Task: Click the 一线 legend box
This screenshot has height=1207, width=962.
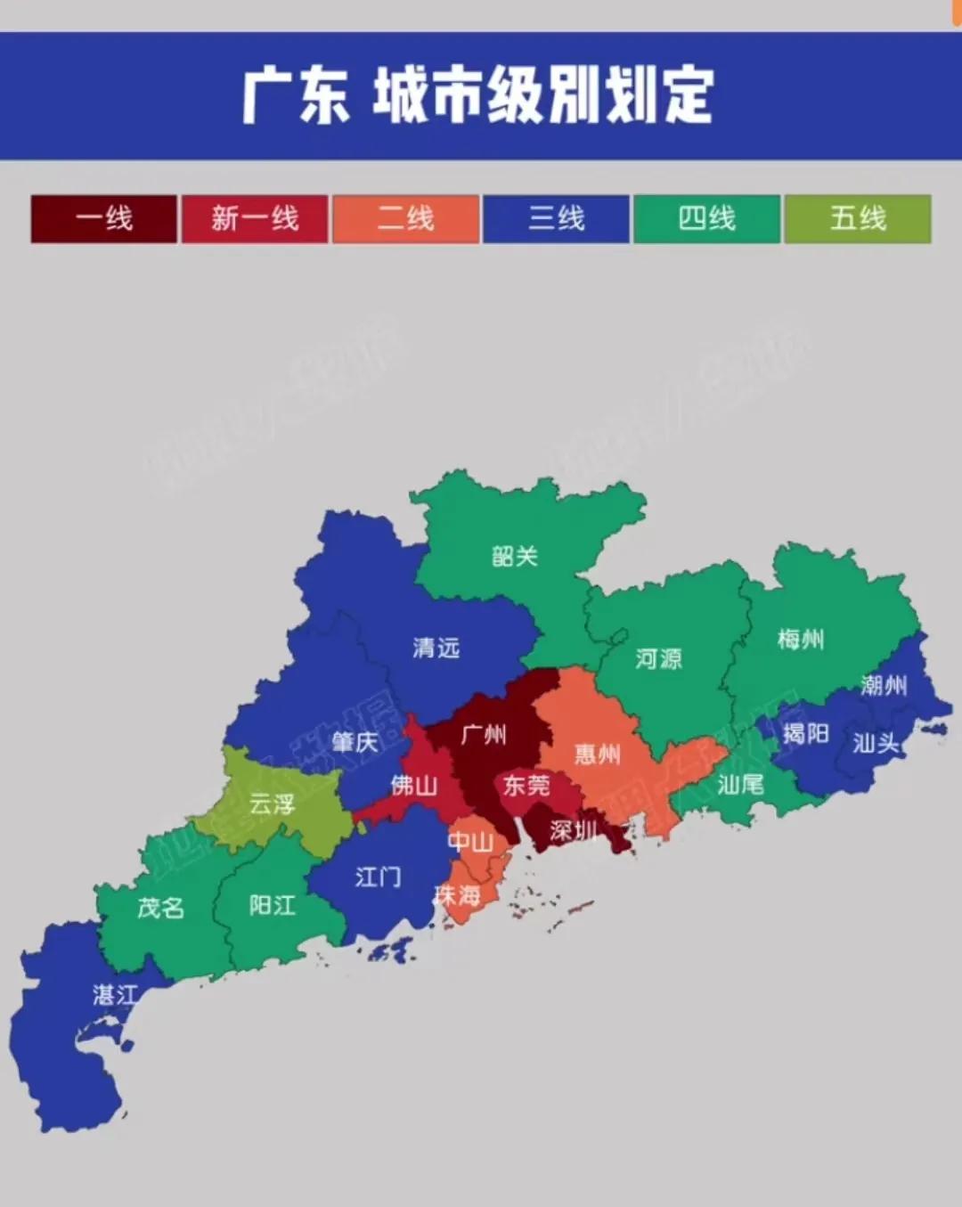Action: tap(104, 218)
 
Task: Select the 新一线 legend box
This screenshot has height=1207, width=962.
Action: tap(255, 218)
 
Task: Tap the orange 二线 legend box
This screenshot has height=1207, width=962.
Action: tap(405, 218)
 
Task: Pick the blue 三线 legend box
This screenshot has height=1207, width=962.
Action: tap(557, 218)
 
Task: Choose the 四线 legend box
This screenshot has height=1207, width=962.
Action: tap(707, 218)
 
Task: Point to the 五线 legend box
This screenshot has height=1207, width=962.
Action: tap(858, 218)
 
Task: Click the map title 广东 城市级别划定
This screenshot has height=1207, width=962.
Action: tap(479, 95)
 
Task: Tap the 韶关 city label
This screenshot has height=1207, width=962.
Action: tap(515, 557)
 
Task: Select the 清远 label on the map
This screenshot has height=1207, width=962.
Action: tap(436, 648)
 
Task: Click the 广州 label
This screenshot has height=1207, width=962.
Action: tap(485, 735)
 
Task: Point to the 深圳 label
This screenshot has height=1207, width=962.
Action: tap(574, 831)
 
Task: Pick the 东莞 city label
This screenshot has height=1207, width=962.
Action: tap(526, 785)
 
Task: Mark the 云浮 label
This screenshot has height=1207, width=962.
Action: tap(272, 804)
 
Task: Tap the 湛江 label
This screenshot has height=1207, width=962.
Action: tap(116, 994)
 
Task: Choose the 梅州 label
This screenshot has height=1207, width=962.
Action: tap(801, 639)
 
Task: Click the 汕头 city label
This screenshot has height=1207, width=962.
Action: tap(876, 742)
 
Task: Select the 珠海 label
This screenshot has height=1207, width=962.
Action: tap(457, 895)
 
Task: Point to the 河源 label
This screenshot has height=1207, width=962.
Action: tap(659, 658)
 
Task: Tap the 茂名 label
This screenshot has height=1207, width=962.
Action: tap(161, 908)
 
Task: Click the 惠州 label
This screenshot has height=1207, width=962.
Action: tap(598, 754)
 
